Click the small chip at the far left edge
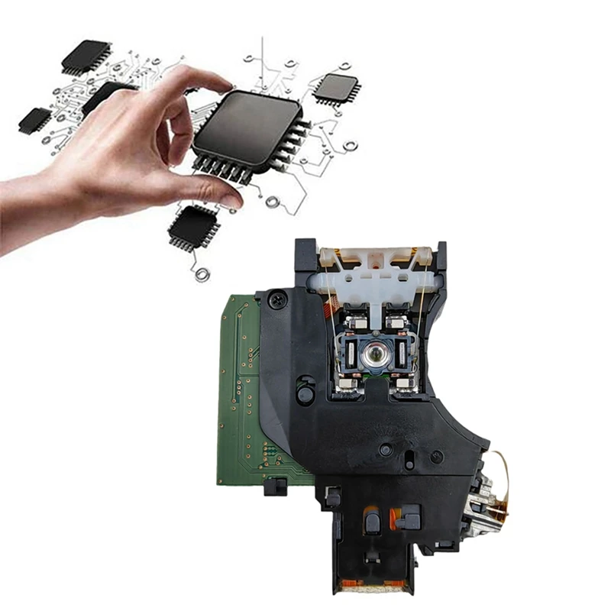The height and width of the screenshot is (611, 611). (x=34, y=120)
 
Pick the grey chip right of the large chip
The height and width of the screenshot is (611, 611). (x=335, y=89)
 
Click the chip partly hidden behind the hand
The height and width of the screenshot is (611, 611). (x=103, y=95)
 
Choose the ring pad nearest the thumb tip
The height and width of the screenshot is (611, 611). (x=272, y=202)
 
